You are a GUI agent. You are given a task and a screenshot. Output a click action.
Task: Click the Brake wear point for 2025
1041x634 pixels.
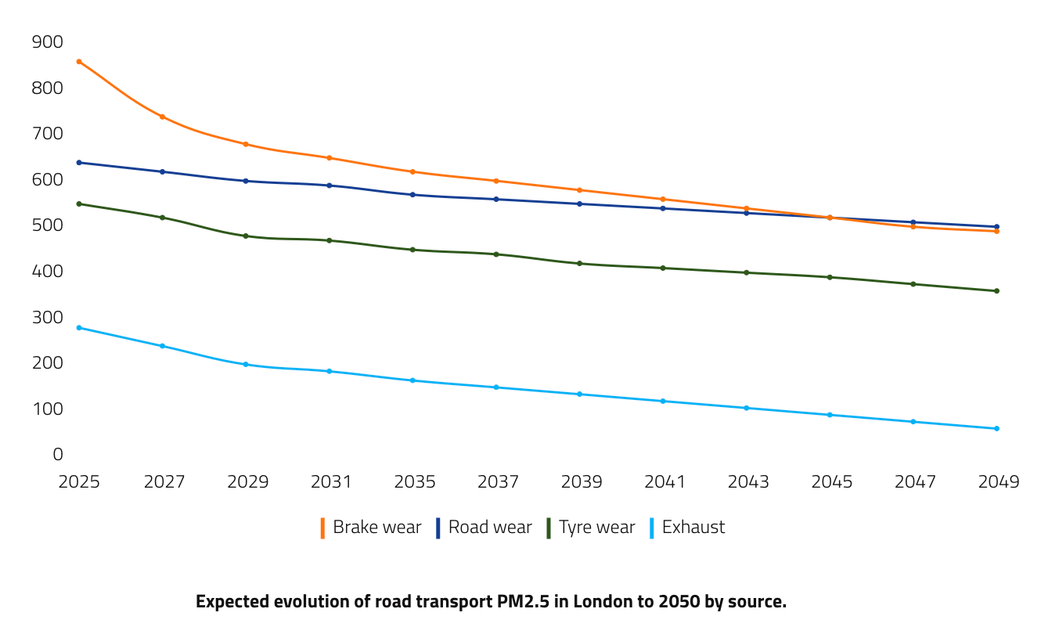tap(79, 61)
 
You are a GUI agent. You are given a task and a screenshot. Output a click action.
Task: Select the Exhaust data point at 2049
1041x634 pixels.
tap(996, 428)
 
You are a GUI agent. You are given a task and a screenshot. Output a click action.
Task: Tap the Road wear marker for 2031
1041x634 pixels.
tap(330, 186)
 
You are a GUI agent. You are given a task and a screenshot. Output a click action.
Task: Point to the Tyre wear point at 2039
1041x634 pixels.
tap(579, 263)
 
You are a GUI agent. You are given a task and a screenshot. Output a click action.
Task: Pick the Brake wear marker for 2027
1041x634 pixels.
tap(162, 117)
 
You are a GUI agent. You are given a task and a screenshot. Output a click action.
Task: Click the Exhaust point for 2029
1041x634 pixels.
tap(246, 364)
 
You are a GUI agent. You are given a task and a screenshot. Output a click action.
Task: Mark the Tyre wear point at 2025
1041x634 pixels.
tap(79, 204)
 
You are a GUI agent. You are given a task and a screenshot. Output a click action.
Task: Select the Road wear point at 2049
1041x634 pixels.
tap(996, 227)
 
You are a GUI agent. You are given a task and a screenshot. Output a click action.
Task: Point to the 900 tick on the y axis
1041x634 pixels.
tap(47, 42)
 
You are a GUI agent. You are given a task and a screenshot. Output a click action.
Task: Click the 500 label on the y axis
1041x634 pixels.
tap(47, 225)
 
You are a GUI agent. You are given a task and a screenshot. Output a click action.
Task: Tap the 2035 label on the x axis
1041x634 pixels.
tap(414, 481)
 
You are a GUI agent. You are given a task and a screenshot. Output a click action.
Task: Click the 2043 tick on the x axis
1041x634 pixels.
tap(748, 481)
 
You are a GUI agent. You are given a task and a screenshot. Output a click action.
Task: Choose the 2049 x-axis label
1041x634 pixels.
tap(999, 481)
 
